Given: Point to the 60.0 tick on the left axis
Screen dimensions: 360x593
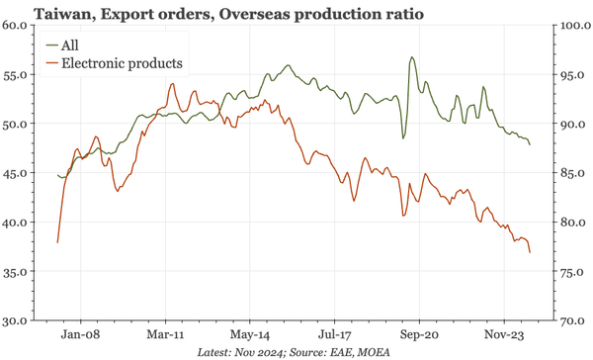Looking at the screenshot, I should pos(19,26).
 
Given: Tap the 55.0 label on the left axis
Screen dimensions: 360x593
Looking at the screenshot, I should pos(19,75).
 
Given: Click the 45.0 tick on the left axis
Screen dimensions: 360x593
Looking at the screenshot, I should pos(19,173).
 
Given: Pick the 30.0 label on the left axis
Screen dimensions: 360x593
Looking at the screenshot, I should pos(19,320).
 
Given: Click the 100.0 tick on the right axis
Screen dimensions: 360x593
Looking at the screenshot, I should pos(571,26).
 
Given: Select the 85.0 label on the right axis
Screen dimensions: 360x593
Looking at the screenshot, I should pos(571,173).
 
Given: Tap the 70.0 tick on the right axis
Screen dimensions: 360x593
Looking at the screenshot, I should pos(571,320).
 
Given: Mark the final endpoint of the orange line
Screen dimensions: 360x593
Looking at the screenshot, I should pos(530,252).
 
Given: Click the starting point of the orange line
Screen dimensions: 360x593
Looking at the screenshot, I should pos(57,242).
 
